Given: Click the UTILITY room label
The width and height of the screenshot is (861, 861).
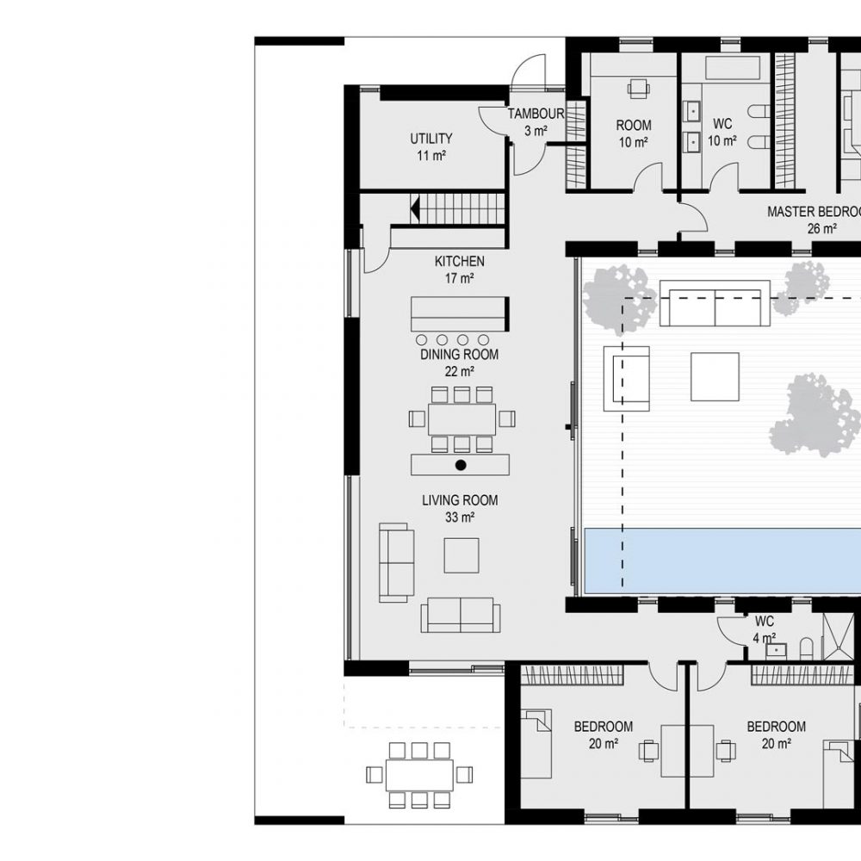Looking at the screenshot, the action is coord(431,139).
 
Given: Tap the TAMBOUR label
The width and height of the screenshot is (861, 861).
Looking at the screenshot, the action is coord(536,114).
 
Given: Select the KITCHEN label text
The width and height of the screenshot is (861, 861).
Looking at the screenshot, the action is coord(460,262).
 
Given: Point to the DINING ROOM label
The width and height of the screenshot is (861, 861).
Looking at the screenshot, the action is coord(460,355).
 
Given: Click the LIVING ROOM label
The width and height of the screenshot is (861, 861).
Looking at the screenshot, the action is coord(460,500).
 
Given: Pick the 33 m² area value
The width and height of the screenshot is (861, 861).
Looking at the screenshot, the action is coord(460,517).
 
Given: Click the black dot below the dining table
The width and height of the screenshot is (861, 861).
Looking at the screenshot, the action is coord(461,465).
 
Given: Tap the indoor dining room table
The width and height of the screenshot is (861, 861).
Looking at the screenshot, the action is coord(461,419).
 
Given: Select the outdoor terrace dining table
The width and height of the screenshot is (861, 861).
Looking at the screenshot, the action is coord(419,775).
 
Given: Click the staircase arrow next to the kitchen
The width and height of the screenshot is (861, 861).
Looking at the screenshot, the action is coord(415,208).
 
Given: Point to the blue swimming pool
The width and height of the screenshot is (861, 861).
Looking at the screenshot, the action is coord(722,561).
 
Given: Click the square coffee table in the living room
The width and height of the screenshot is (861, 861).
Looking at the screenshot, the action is coord(461,555).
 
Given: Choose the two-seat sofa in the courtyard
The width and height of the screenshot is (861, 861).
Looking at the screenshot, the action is coord(715,303).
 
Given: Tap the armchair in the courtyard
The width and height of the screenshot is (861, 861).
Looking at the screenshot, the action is coord(627,378).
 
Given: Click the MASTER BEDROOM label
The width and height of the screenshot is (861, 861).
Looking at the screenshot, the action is coord(814,212).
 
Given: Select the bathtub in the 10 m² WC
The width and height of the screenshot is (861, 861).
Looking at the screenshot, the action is coord(731,68).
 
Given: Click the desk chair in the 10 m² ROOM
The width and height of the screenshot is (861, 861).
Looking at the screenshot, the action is coord(639,88).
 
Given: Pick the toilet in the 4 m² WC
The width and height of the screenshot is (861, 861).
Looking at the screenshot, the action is coord(806,648).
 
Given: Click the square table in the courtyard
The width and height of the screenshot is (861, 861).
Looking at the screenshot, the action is coord(715,377).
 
